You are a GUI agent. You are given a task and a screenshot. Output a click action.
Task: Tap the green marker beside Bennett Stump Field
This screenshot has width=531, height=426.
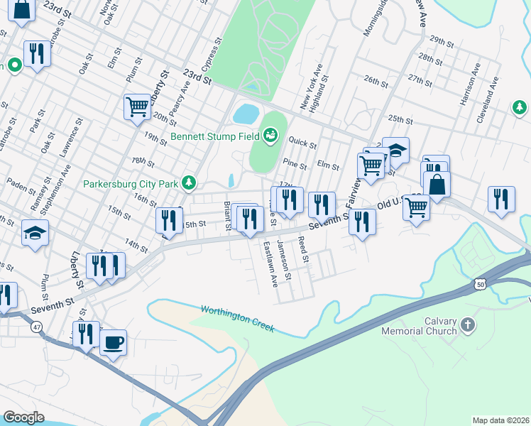[x=270, y=134]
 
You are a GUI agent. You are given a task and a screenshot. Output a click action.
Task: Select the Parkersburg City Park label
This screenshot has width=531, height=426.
[x=130, y=184]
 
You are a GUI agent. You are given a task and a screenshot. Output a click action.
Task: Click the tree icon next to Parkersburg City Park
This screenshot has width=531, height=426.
[x=189, y=183]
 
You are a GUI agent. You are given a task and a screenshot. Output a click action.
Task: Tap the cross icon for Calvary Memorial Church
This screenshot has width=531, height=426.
[x=467, y=325]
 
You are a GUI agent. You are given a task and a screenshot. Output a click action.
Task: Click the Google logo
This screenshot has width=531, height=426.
[x=23, y=417]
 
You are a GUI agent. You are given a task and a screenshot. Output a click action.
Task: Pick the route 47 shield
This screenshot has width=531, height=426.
[x=36, y=327]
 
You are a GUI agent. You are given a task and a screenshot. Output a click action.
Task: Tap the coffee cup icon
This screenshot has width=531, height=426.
[x=113, y=344]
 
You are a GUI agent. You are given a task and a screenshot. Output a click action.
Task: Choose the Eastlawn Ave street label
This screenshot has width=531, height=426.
[x=270, y=263]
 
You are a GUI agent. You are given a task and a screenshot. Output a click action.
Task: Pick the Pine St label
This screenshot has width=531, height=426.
[x=295, y=166]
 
